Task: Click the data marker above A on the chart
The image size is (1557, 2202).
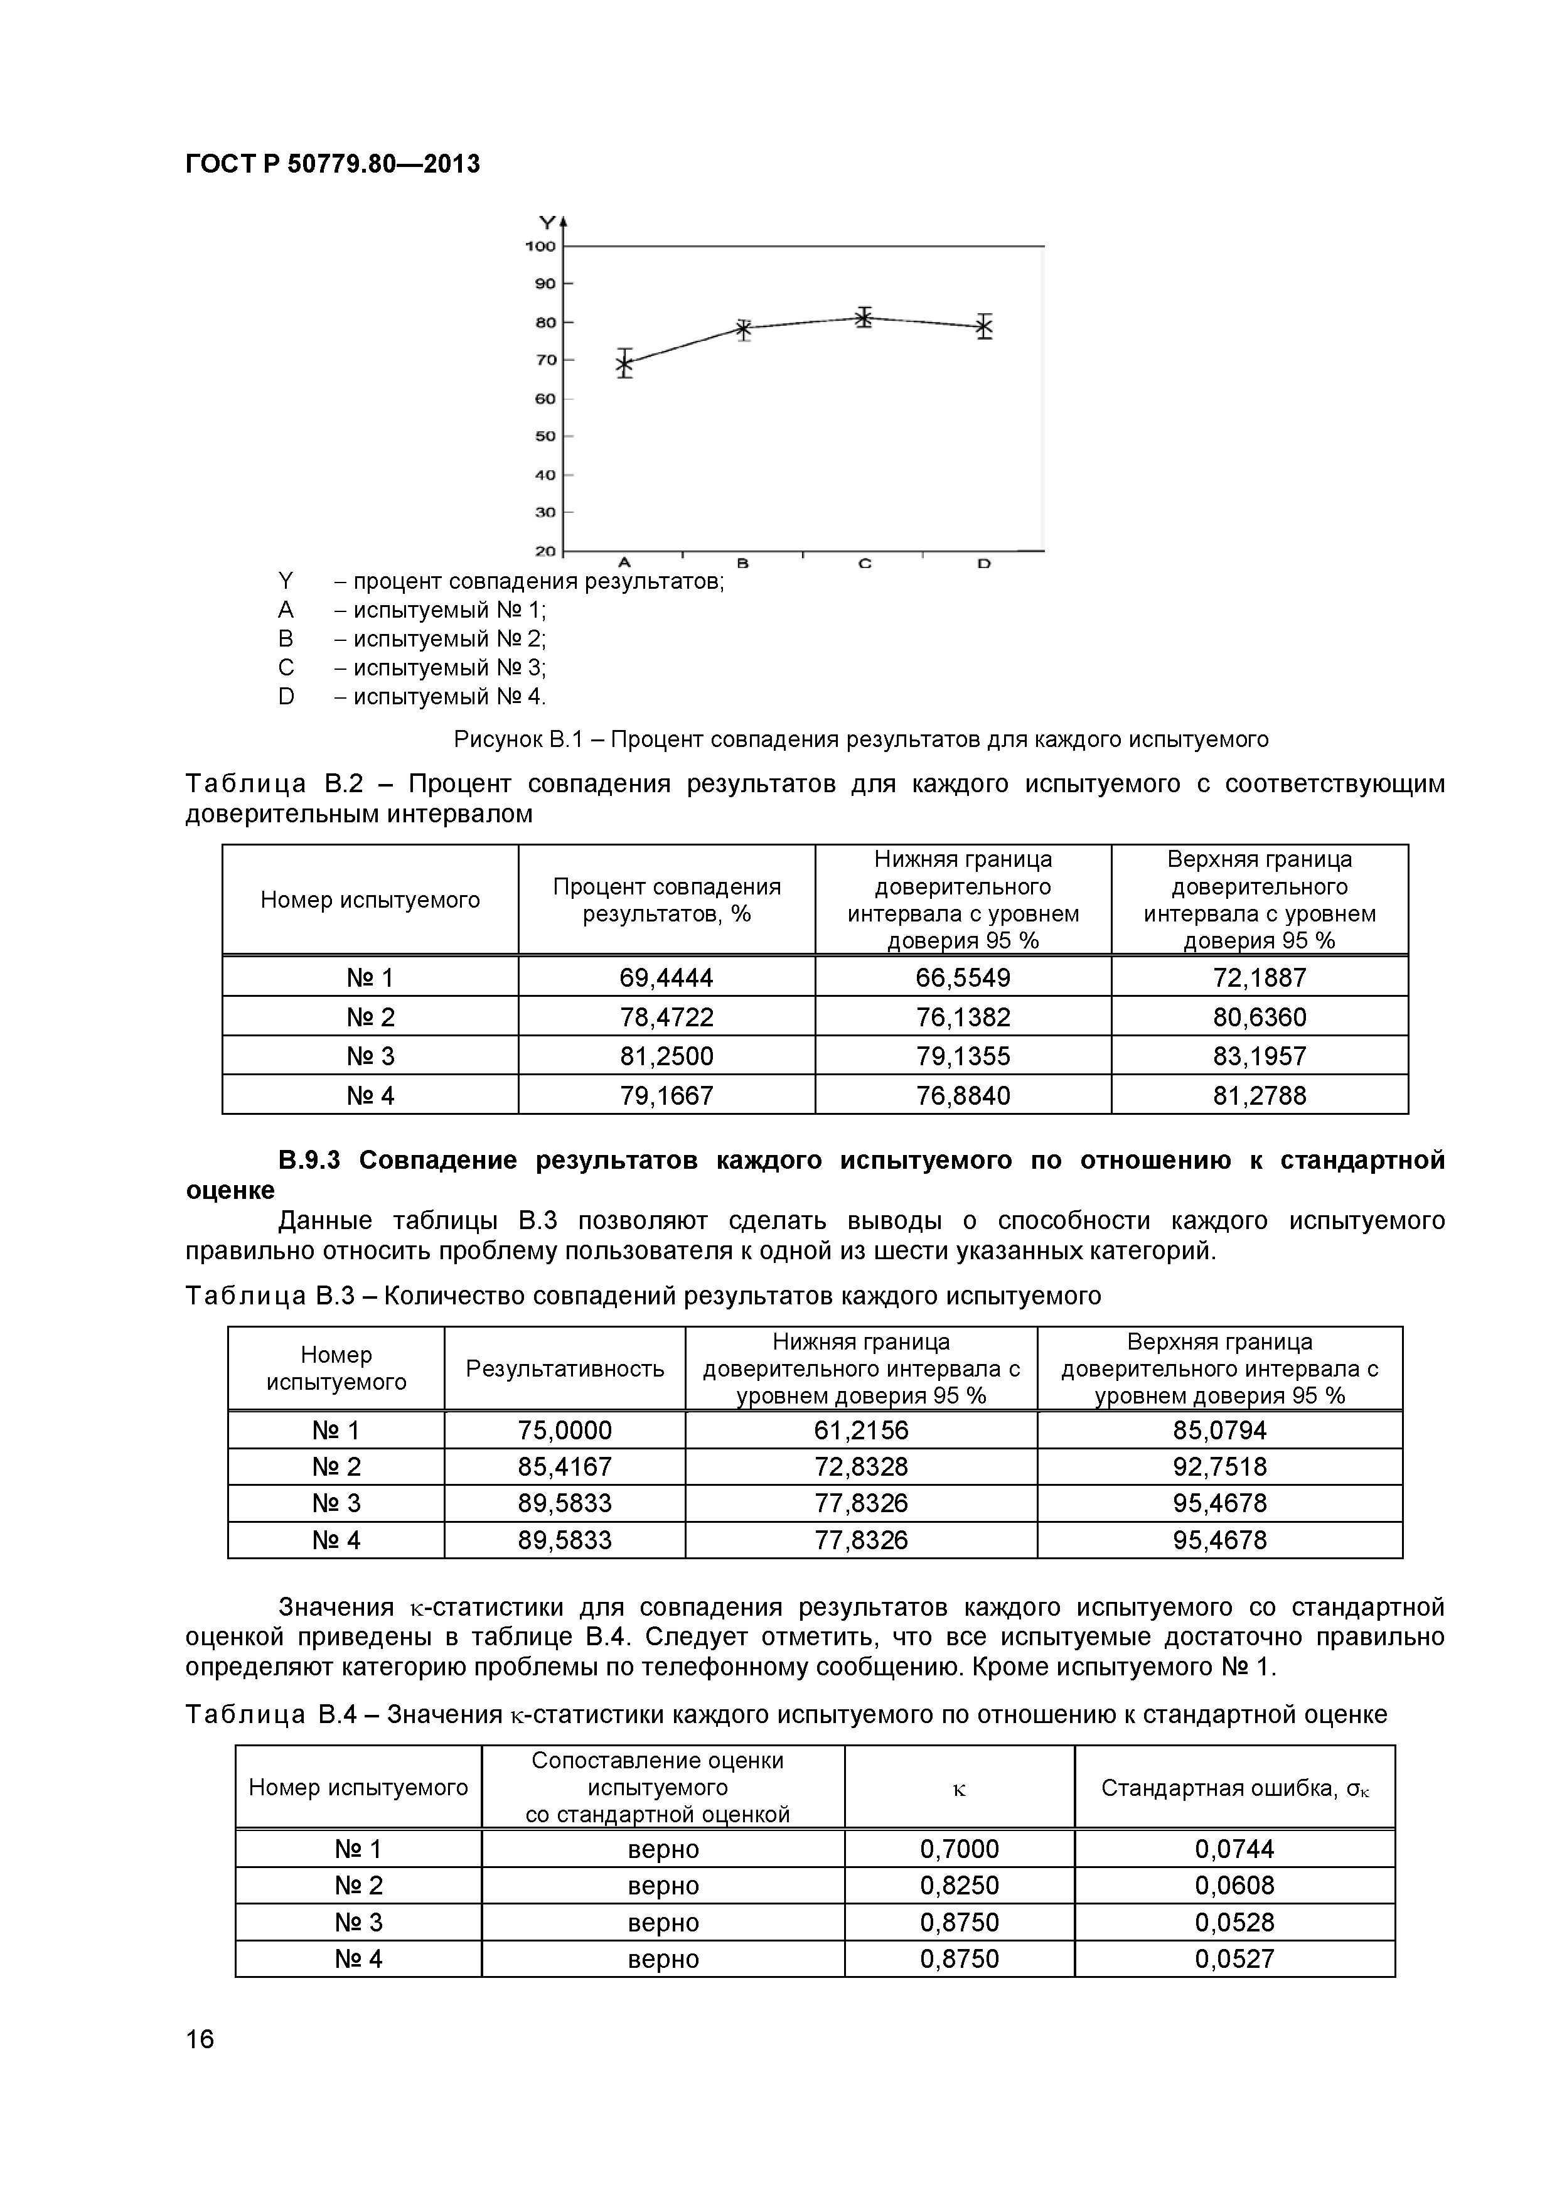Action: point(624,363)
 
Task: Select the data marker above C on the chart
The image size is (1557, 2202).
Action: point(864,318)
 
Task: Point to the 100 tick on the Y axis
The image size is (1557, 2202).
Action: point(541,247)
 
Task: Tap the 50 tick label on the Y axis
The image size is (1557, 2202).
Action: point(545,436)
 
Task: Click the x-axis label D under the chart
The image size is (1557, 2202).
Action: point(983,564)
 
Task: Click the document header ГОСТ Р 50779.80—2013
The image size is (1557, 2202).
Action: point(332,164)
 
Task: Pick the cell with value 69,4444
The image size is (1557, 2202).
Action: point(666,977)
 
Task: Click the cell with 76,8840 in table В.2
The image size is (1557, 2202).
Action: point(963,1095)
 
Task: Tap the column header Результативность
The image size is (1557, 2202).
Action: point(565,1368)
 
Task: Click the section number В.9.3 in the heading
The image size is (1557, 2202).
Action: point(309,1161)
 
